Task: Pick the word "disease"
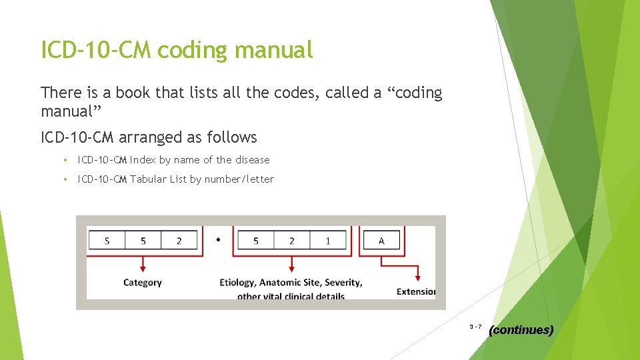click(252, 160)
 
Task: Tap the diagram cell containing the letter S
click(107, 241)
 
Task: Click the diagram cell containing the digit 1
click(327, 241)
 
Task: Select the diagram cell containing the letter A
click(381, 241)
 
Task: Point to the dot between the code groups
click(219, 239)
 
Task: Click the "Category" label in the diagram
click(142, 283)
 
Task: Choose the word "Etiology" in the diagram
click(237, 283)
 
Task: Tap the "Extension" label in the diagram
click(415, 291)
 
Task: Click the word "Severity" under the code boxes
click(343, 283)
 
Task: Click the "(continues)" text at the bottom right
click(521, 330)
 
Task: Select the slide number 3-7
click(475, 327)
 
